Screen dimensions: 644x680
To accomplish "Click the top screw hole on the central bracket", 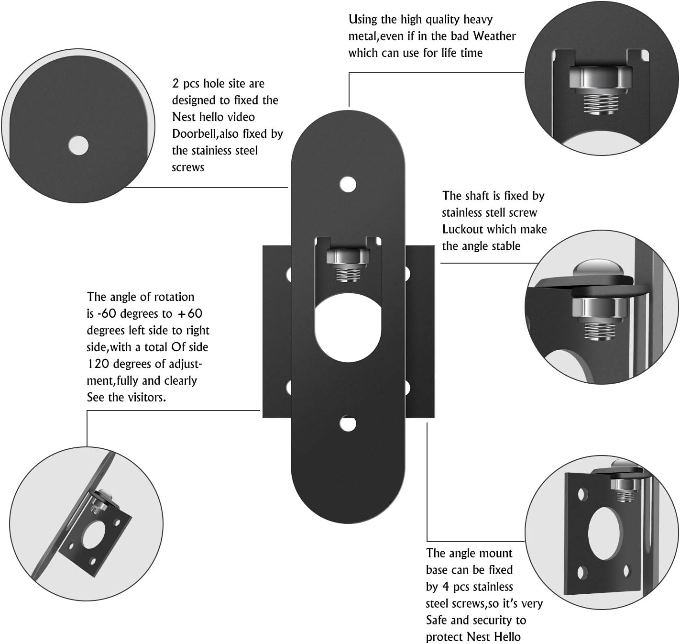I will tap(348, 184).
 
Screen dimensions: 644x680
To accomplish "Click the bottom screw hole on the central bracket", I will tap(348, 423).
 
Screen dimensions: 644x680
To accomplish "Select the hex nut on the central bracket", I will tap(348, 257).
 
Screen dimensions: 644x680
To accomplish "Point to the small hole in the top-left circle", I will tap(78, 145).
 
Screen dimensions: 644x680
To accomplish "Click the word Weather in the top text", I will tap(494, 36).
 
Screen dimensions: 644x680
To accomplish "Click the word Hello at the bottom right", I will tap(507, 637).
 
